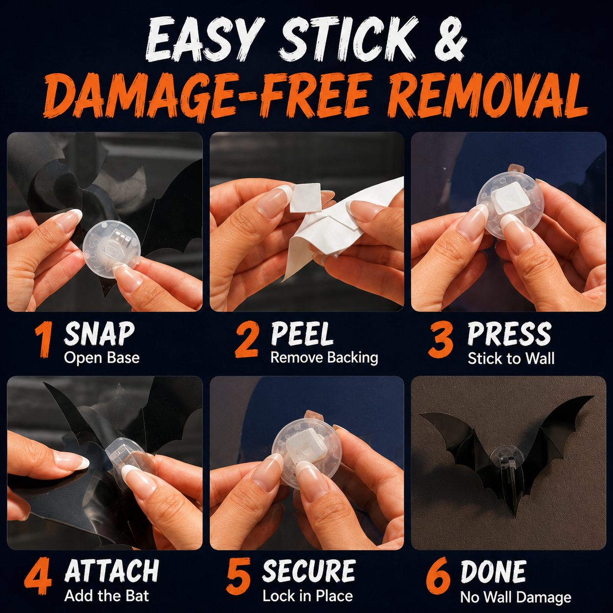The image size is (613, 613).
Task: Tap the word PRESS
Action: pos(509,334)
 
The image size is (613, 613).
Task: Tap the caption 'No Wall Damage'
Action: pos(516,597)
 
